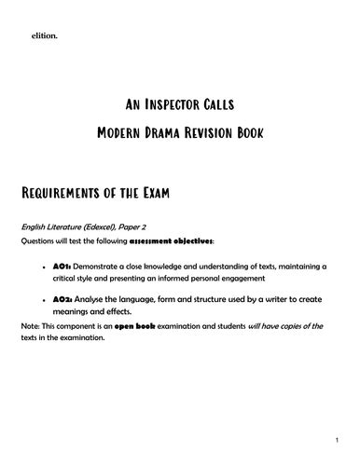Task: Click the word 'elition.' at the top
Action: click(x=45, y=37)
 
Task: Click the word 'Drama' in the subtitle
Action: click(x=176, y=132)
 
